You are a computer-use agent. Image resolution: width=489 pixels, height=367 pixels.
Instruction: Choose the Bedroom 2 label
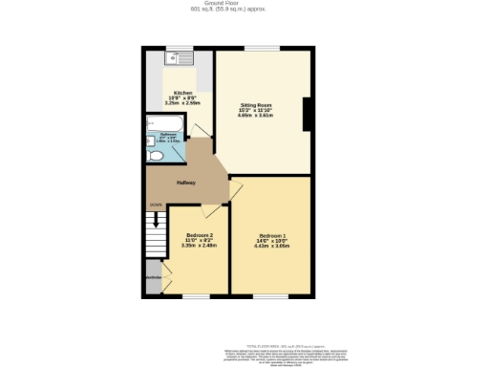[x=199, y=235]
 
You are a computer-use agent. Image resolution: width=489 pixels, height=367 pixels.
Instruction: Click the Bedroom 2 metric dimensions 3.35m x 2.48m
[x=199, y=246]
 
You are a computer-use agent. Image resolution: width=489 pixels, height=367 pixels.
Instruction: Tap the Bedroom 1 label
[x=271, y=235]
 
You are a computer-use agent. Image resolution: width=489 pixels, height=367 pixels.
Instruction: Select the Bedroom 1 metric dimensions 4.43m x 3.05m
[x=271, y=246]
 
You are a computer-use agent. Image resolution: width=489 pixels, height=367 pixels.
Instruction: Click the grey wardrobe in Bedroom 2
[x=154, y=279]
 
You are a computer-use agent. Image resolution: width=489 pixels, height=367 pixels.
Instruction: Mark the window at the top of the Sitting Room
[x=262, y=49]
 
